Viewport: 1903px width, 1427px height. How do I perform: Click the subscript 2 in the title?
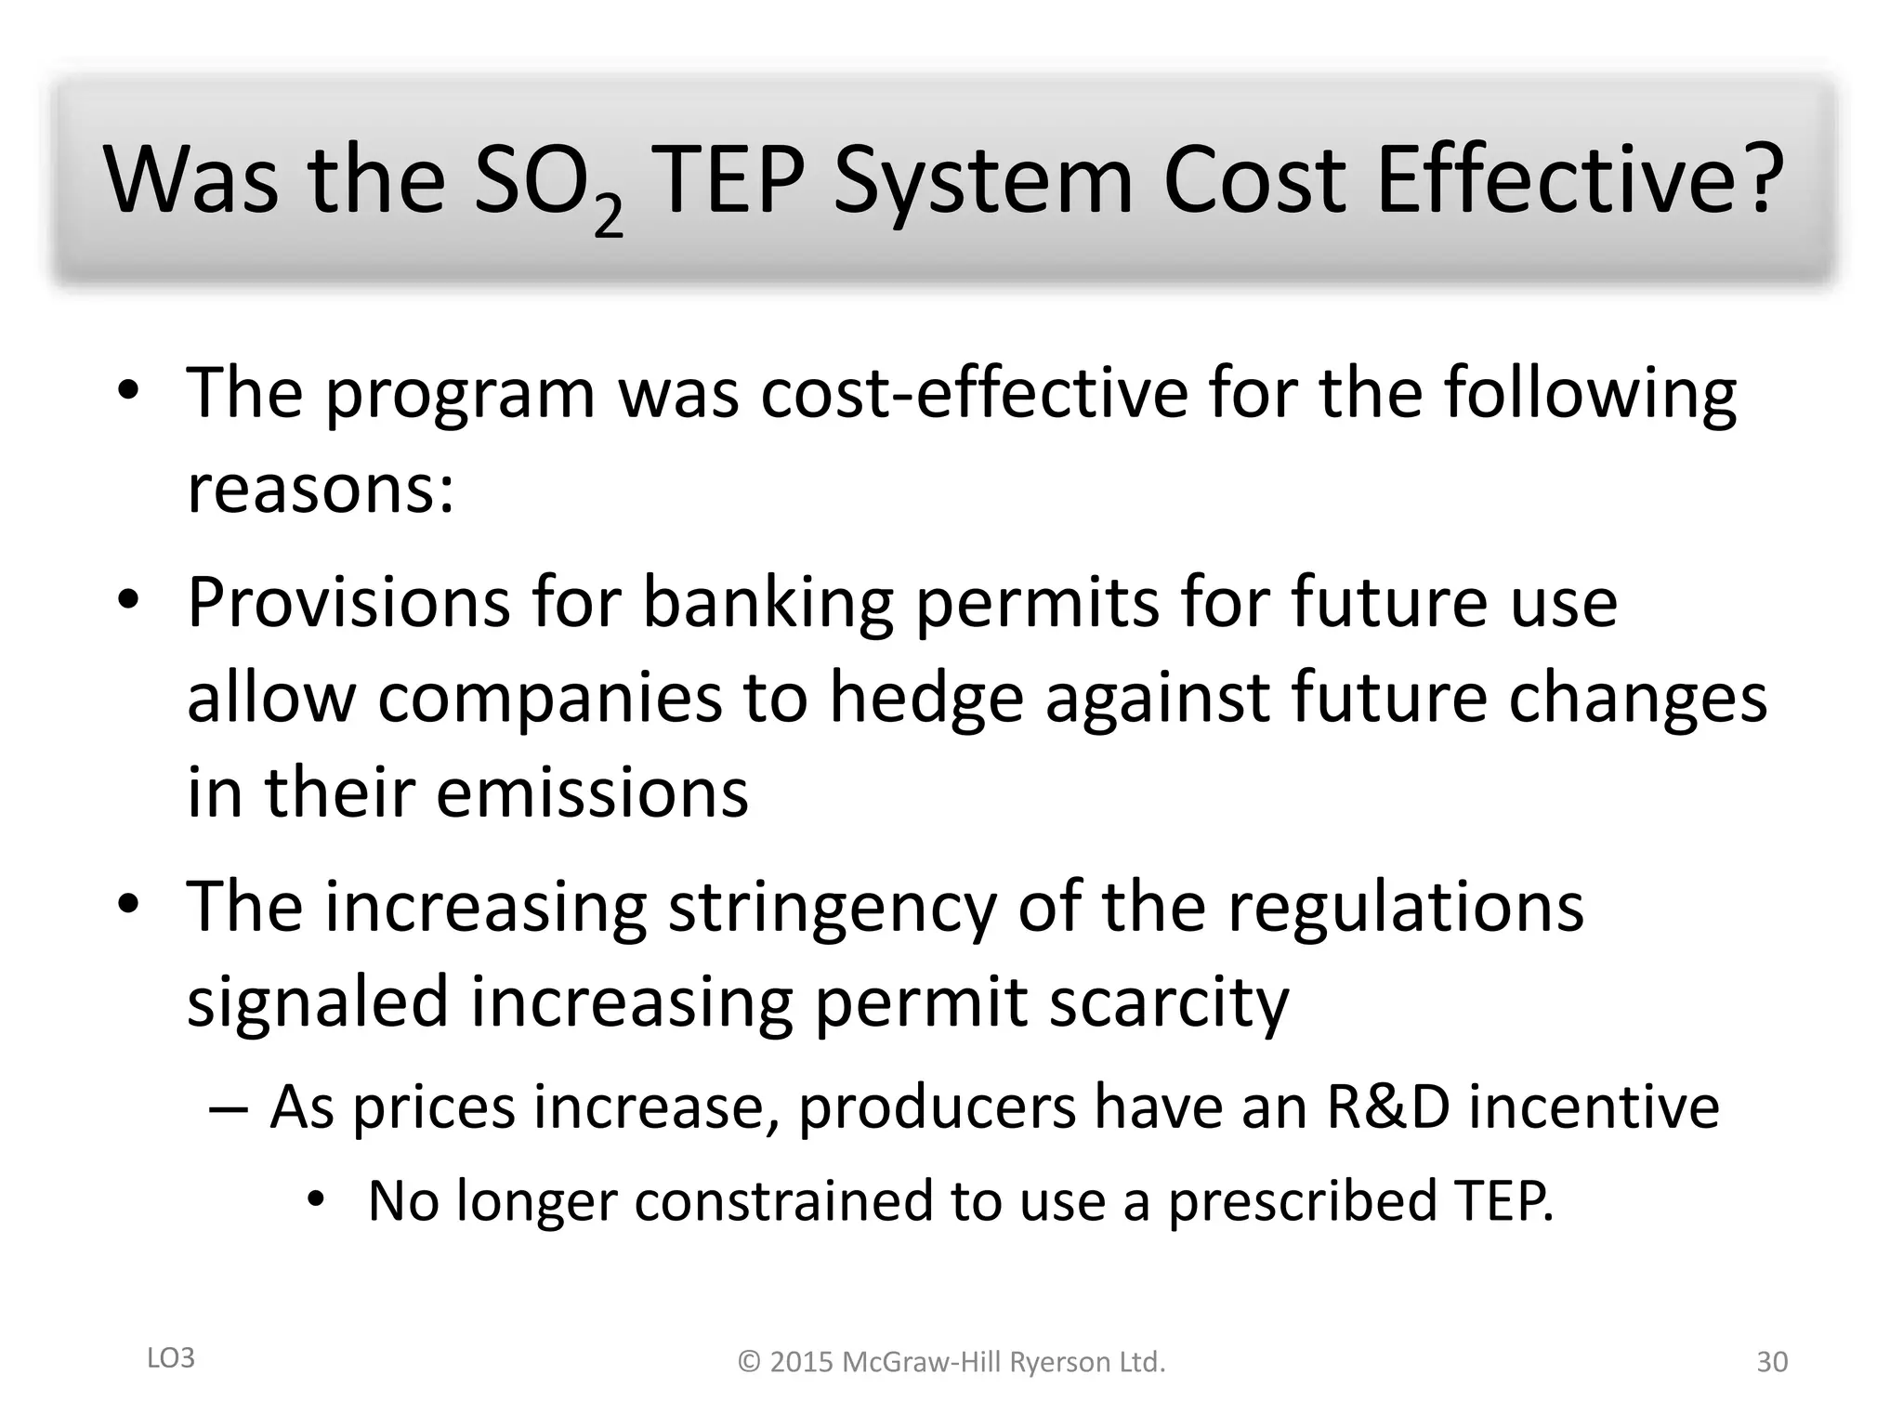tap(608, 217)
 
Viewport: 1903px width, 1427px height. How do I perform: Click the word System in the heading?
tap(983, 181)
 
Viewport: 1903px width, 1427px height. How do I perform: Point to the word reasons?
tap(321, 490)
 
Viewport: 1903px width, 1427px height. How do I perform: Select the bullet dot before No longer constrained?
tap(317, 1200)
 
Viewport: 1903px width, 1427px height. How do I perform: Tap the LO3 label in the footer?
tap(171, 1358)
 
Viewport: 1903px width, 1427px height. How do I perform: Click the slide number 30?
tap(1771, 1362)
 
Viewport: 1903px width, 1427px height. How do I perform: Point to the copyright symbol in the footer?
tap(749, 1363)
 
